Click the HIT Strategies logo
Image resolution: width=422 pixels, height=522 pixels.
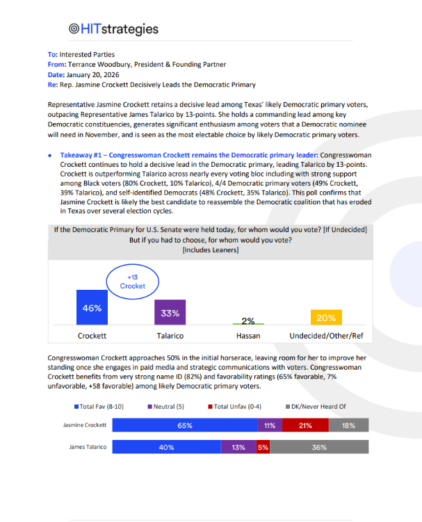tap(113, 29)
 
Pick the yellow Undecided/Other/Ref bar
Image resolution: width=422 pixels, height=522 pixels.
tap(325, 318)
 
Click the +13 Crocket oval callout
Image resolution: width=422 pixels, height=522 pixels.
tap(132, 282)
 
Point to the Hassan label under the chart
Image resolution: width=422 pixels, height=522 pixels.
tap(248, 336)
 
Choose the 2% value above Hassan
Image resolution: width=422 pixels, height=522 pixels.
tap(248, 320)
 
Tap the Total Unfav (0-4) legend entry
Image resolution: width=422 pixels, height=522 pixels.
tap(234, 407)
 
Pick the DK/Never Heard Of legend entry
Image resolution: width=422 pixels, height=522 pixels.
tap(316, 407)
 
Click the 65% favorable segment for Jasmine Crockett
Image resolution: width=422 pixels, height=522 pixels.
tap(184, 425)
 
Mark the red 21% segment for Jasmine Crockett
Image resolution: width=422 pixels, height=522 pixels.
tap(305, 425)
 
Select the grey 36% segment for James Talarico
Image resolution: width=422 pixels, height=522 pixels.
tap(319, 448)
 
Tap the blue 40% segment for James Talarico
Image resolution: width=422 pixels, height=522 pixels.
tap(166, 448)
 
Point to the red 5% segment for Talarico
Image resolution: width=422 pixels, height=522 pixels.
tap(263, 448)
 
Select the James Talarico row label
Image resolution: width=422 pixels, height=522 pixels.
tap(87, 448)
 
